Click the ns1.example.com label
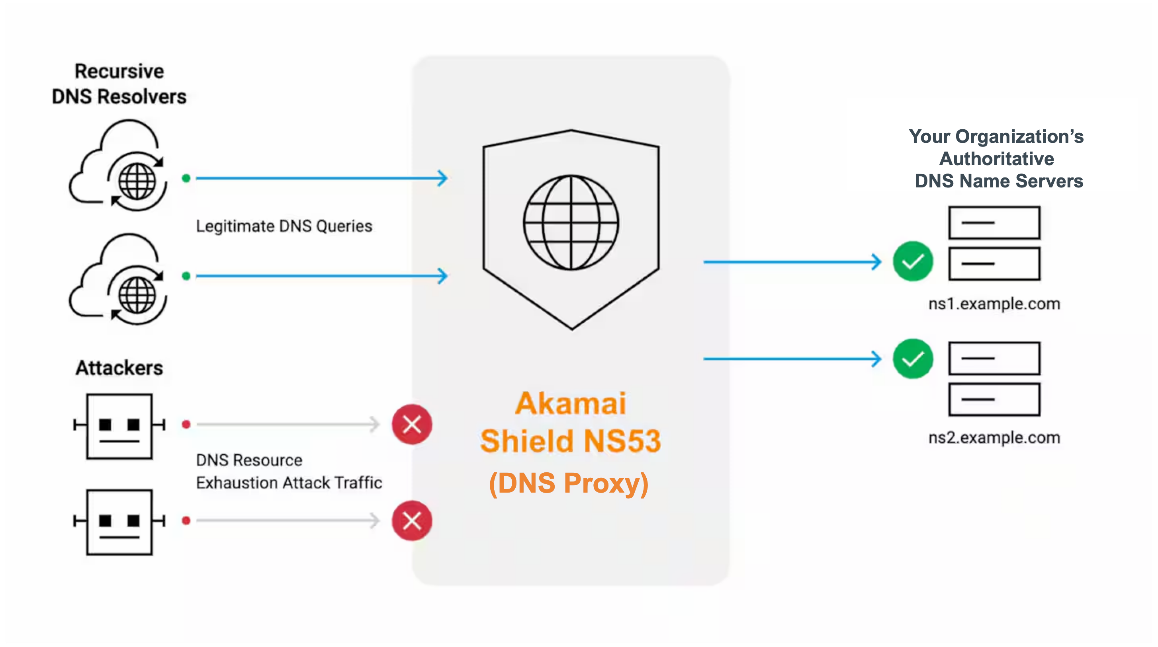pos(994,304)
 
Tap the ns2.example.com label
pos(994,438)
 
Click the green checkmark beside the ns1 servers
pos(913,261)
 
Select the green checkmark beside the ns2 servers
pos(913,359)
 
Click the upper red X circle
pos(412,424)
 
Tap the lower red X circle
pos(412,521)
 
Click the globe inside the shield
pos(571,223)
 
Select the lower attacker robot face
pos(119,522)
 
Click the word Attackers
pos(119,368)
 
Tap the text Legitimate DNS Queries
pos(284,226)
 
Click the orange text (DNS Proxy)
pos(569,483)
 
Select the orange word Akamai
pos(571,403)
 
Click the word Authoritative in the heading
pos(996,159)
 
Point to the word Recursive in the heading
pos(119,71)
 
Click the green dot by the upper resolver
pos(186,178)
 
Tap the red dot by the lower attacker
pos(186,521)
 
